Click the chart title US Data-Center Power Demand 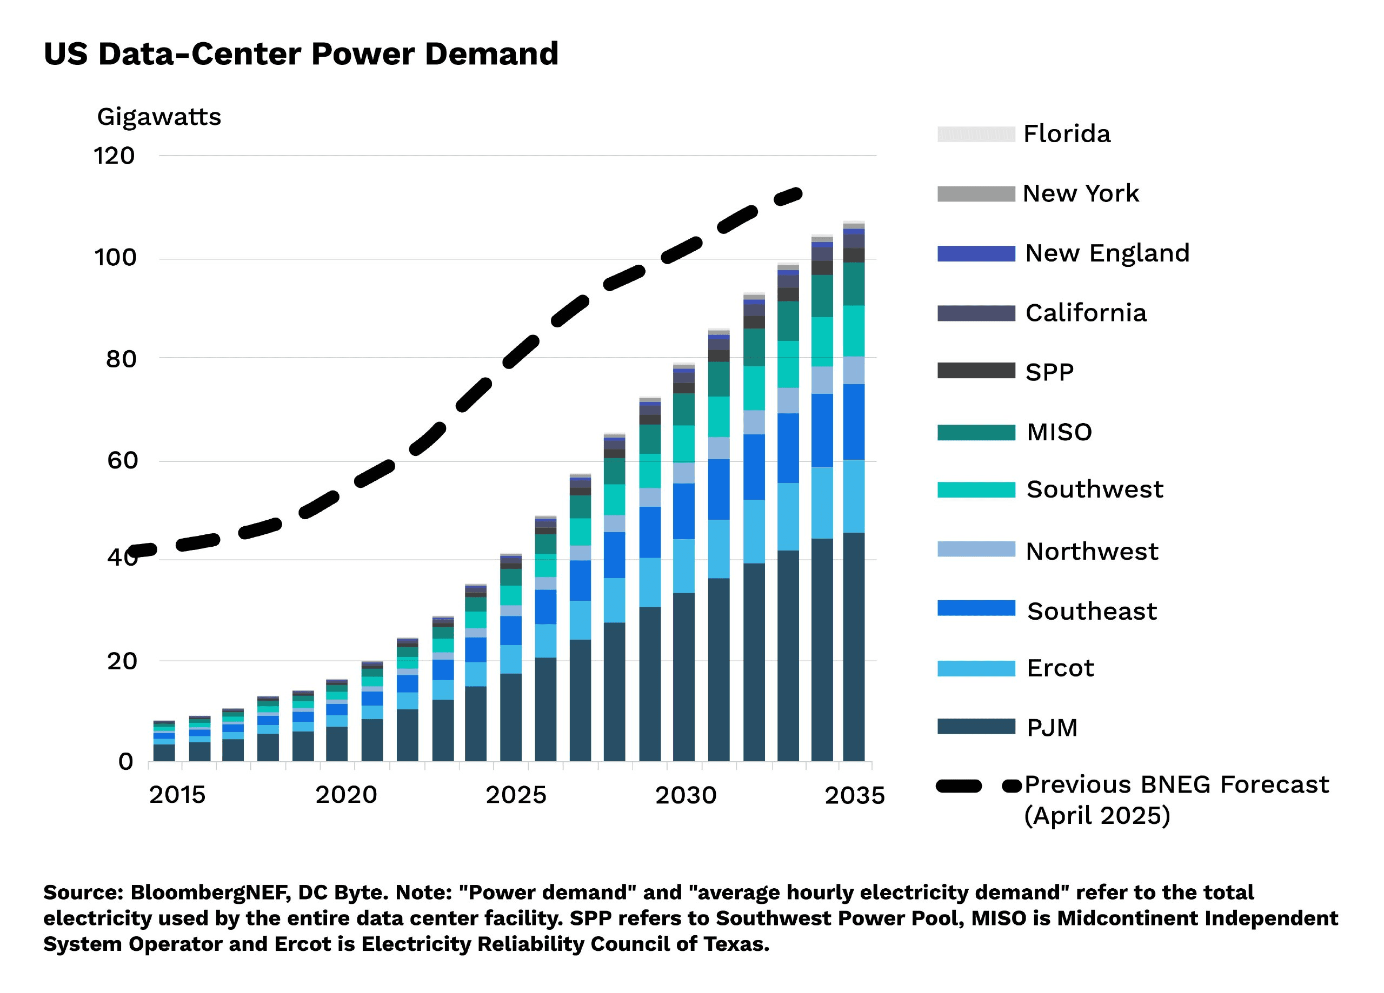tap(301, 53)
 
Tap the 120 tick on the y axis tap(114, 156)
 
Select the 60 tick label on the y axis tap(123, 460)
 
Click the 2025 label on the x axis tap(516, 795)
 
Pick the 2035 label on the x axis tap(854, 795)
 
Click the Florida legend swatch tap(976, 134)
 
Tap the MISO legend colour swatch tap(976, 432)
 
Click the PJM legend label tap(1052, 728)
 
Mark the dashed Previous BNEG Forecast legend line tap(978, 786)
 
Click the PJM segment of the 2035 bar tap(854, 647)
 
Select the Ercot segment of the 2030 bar tap(683, 566)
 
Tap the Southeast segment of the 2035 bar tap(854, 422)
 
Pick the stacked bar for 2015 tap(164, 741)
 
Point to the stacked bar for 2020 tap(336, 720)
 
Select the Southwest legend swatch tap(976, 490)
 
